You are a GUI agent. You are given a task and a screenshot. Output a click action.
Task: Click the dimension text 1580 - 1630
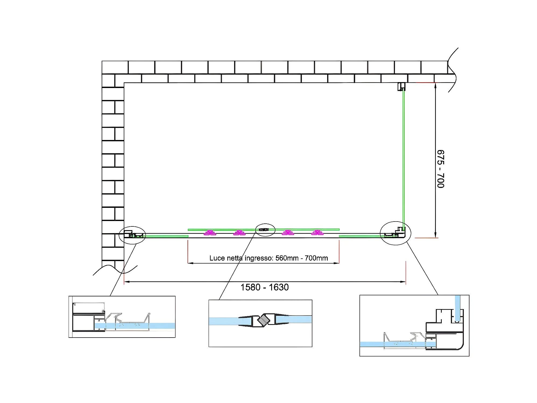click(264, 287)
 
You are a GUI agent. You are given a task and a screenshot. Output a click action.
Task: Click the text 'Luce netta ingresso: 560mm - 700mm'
click(268, 258)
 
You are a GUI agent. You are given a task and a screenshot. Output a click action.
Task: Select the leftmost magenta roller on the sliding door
click(210, 233)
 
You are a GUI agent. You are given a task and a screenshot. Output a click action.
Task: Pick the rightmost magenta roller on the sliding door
click(317, 233)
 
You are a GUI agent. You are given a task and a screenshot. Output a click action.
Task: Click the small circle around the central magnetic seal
click(265, 230)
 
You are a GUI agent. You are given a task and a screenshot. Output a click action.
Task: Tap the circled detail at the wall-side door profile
click(132, 235)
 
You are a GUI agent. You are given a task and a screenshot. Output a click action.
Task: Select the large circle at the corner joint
click(395, 233)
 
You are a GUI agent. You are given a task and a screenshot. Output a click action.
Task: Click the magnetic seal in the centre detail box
click(263, 320)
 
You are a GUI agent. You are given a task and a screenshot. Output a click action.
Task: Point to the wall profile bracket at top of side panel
click(401, 87)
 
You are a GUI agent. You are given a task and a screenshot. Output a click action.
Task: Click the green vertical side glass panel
click(403, 159)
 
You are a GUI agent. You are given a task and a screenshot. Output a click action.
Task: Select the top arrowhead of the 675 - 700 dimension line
click(435, 85)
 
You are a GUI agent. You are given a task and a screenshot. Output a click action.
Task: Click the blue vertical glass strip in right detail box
click(457, 308)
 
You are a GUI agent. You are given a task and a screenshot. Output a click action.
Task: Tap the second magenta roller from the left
click(239, 233)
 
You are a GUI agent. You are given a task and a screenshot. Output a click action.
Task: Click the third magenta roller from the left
click(288, 233)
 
